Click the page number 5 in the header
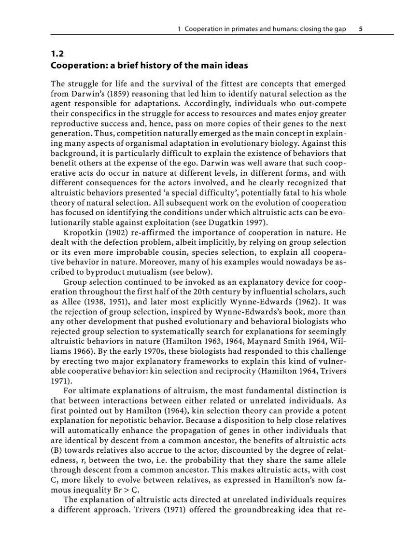361,29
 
